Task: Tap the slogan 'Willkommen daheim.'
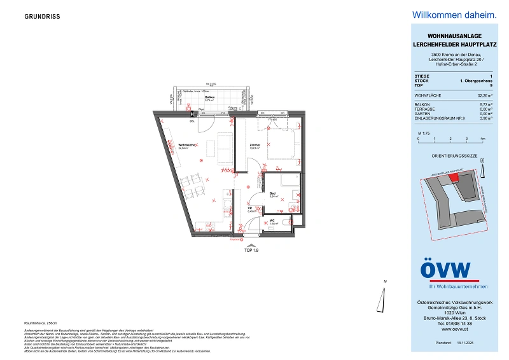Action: [x=445, y=15]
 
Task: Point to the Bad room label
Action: [x=272, y=194]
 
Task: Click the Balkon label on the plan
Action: [x=209, y=97]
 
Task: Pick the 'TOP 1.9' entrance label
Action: [x=252, y=250]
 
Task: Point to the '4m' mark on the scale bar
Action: [x=482, y=138]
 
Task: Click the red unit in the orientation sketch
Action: [x=453, y=178]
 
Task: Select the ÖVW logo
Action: [x=445, y=270]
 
